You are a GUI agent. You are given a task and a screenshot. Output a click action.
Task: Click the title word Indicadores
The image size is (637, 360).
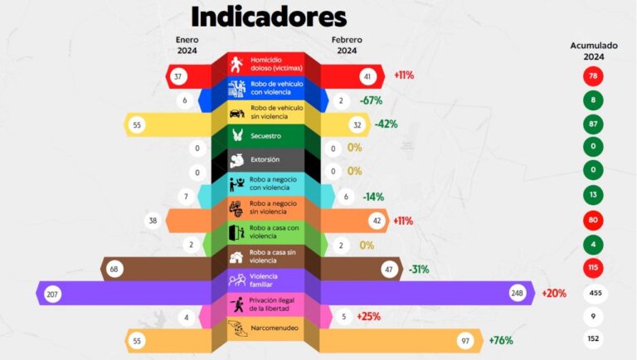click(269, 16)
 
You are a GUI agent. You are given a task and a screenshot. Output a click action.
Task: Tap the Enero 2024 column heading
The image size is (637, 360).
click(187, 45)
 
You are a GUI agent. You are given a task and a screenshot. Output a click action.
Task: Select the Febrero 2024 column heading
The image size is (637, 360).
click(348, 45)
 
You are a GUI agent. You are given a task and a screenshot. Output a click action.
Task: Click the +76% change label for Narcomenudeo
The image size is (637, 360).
click(502, 341)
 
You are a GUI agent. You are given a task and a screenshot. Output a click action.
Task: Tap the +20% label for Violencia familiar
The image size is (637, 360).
click(554, 294)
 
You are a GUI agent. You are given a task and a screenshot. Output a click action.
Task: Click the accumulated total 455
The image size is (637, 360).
click(594, 294)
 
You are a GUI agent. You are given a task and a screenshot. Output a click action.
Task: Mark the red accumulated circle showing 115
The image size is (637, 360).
click(594, 270)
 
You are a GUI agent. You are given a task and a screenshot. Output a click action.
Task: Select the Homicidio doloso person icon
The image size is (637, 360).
click(238, 64)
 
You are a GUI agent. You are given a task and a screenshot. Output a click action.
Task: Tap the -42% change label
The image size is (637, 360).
click(387, 124)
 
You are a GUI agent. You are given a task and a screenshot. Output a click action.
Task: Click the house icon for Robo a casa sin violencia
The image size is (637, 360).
click(236, 257)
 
